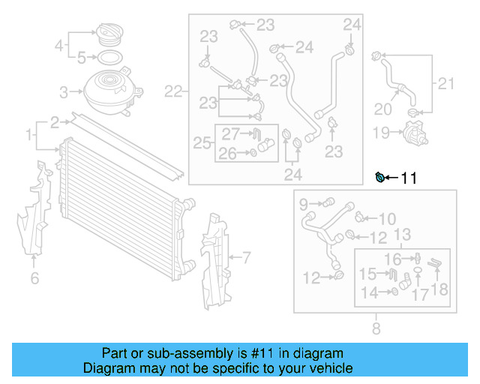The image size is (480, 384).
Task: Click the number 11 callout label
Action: [x=409, y=178]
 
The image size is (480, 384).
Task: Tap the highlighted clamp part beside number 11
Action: [x=382, y=177]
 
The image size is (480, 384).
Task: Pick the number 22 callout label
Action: [x=173, y=92]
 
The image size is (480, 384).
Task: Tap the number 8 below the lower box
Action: [x=376, y=328]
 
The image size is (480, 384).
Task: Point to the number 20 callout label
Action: [x=382, y=109]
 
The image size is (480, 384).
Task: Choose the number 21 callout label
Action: [x=446, y=83]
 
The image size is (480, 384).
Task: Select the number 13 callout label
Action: [x=402, y=235]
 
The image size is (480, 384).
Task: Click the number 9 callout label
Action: [x=304, y=202]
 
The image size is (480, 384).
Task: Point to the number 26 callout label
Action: [x=227, y=154]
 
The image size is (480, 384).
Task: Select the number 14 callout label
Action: [x=370, y=291]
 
